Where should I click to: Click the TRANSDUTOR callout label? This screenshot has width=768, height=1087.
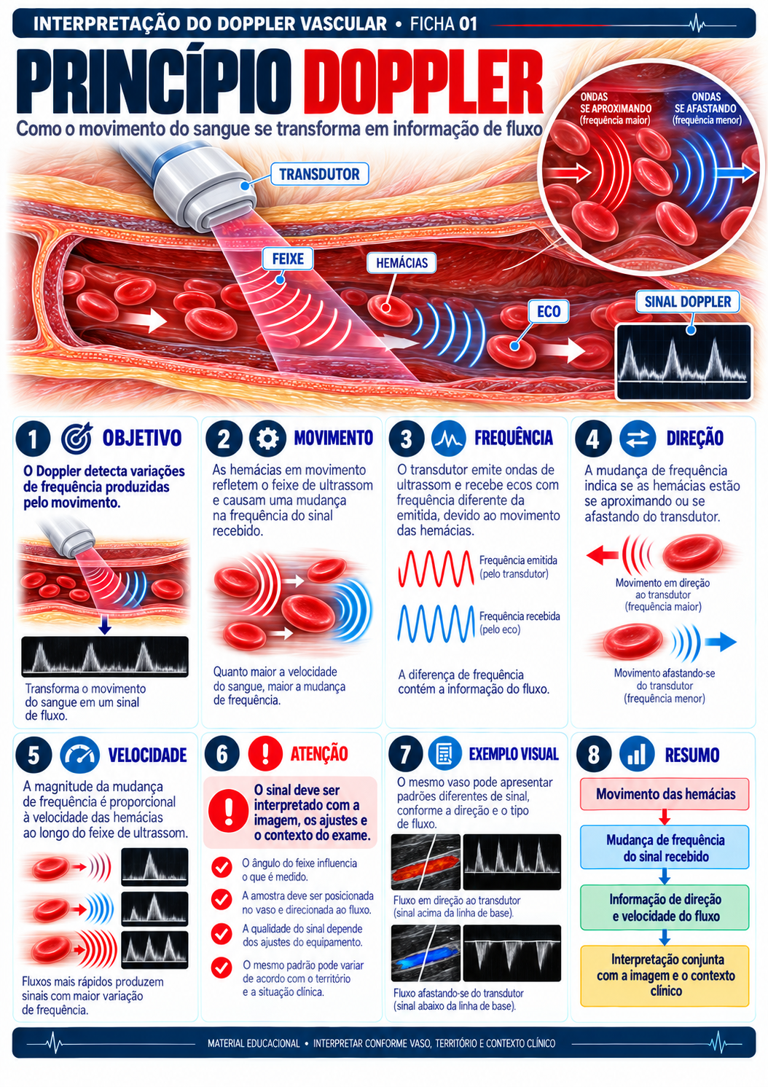click(319, 173)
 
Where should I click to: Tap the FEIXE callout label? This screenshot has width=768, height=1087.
click(287, 259)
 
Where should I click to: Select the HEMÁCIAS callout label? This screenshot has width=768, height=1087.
click(401, 263)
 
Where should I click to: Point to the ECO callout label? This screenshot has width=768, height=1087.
click(549, 311)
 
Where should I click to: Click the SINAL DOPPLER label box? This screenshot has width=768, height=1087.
click(687, 302)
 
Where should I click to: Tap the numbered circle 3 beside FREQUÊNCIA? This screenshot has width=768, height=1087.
click(406, 439)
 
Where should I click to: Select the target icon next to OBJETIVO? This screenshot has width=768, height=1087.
click(77, 437)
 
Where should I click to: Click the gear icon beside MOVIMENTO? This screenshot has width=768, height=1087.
click(267, 438)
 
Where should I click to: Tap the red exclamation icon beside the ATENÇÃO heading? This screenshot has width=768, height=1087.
click(265, 753)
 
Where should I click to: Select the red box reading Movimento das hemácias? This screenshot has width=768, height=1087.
click(665, 794)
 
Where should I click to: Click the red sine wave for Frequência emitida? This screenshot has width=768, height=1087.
click(436, 568)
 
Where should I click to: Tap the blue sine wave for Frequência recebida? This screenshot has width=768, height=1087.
click(436, 624)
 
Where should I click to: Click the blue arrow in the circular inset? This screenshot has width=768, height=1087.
click(737, 173)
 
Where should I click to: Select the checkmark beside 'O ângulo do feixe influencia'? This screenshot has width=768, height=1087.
click(222, 867)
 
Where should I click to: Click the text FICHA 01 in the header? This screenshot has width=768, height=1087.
click(443, 24)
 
